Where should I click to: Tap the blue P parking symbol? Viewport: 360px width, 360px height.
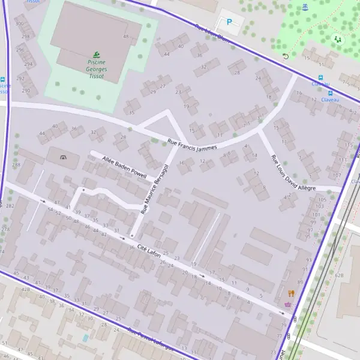pos(229,22)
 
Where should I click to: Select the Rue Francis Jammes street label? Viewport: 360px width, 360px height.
pos(191,144)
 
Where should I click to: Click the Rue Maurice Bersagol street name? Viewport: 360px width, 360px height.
pos(154,188)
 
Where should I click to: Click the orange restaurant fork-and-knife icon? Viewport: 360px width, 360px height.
pos(292,293)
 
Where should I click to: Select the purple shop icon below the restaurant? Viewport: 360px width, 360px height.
pos(289,304)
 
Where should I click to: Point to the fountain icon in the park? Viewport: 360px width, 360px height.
pos(305,7)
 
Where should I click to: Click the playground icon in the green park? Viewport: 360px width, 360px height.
pos(337,40)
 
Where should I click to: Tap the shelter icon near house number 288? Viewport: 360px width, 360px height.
pos(64,157)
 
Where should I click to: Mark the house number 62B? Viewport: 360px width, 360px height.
pos(339,275)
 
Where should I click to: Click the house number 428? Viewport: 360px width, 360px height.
pos(26,289)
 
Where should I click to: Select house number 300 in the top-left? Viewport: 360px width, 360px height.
pos(19,24)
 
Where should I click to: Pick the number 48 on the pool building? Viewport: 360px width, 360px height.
pos(125,37)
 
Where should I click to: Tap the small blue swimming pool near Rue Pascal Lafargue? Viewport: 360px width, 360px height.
pos(86,338)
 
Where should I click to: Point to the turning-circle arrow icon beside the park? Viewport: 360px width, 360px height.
pos(285,56)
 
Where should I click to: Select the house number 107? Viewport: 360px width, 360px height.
pos(337,175)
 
